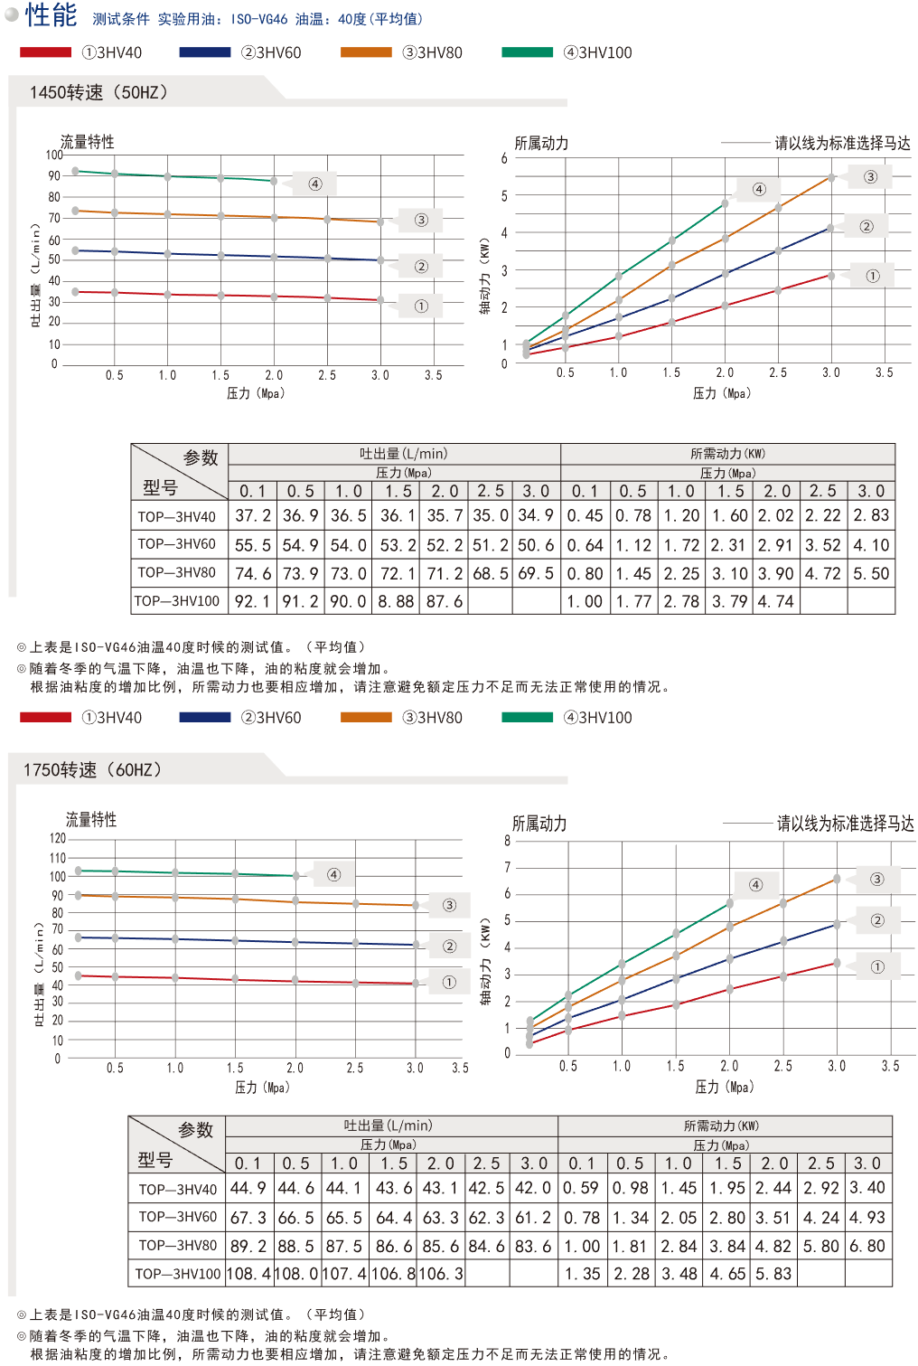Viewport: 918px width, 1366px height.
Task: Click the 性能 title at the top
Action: pos(51,15)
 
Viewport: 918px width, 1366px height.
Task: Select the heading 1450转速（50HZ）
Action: pos(98,92)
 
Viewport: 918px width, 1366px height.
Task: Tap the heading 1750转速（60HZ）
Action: pos(93,769)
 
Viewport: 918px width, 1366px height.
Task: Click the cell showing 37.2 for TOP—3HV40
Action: pos(253,515)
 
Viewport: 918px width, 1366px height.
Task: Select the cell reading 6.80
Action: pos(867,1246)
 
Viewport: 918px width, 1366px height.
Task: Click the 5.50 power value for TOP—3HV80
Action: pos(871,573)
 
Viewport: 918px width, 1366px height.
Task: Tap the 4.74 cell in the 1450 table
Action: pos(775,600)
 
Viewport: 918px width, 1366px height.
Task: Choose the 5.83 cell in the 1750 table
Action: pos(773,1273)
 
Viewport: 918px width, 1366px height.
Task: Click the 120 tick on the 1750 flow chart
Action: pos(58,839)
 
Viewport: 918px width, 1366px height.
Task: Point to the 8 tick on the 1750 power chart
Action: pos(508,841)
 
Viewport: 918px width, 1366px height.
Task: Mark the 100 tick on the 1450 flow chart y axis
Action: pos(55,155)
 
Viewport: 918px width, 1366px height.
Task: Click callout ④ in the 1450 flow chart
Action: pos(315,184)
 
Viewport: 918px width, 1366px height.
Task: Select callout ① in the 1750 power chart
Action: pos(877,966)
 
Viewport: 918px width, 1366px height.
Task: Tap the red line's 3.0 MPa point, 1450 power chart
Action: pos(831,275)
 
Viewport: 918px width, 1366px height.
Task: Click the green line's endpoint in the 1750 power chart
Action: pos(729,903)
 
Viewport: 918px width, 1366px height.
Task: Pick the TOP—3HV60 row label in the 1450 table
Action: pos(177,544)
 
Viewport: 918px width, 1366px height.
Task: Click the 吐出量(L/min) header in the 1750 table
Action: pos(389,1126)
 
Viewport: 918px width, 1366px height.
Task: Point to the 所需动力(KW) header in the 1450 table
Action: pos(727,454)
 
